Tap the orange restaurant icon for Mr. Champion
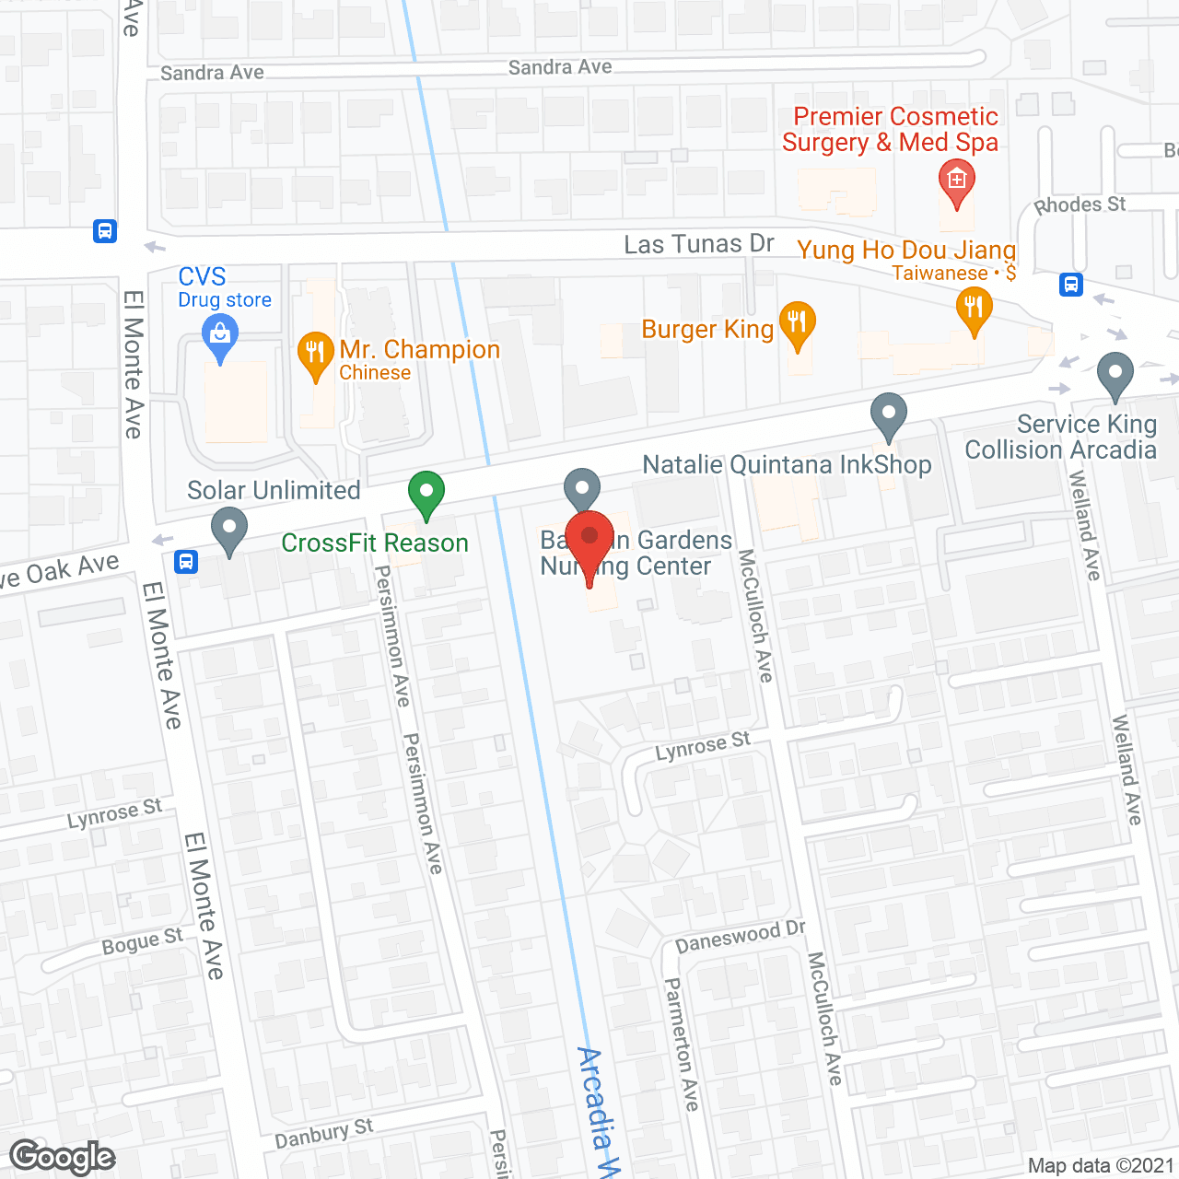[x=315, y=355]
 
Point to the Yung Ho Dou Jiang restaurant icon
[x=974, y=309]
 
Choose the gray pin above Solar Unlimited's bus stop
[x=229, y=531]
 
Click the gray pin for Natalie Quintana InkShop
[x=889, y=415]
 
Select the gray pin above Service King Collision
[x=1115, y=375]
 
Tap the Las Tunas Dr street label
[x=698, y=244]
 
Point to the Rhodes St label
[x=1080, y=204]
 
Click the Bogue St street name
[x=142, y=942]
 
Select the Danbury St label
[x=323, y=1134]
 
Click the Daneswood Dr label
[x=740, y=938]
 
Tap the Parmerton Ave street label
[x=682, y=1044]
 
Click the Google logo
[x=63, y=1157]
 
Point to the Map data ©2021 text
[x=1101, y=1165]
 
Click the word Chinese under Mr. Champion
[x=375, y=373]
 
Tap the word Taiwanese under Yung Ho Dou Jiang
[x=940, y=274]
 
